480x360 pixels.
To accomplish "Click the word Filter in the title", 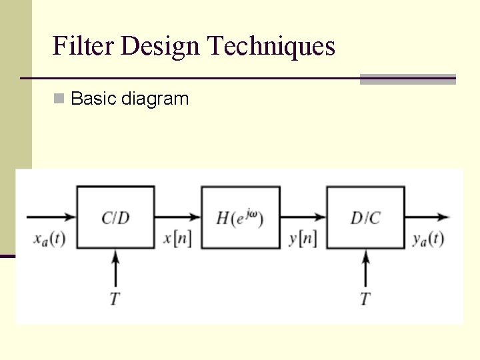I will [85, 47].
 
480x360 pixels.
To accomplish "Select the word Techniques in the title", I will [271, 47].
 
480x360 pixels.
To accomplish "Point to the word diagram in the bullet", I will [155, 99].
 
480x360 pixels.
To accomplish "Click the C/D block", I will [116, 217].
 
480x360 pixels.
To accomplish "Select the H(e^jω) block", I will [241, 217].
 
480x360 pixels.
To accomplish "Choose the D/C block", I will [365, 217].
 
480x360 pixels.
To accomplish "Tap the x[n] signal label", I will [177, 239].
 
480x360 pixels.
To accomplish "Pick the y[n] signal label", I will [303, 239].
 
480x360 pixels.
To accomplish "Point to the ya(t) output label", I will [427, 239].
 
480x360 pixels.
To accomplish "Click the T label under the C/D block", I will [115, 298].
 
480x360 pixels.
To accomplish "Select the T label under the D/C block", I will [365, 298].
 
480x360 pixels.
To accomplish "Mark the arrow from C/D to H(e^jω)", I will [177, 217].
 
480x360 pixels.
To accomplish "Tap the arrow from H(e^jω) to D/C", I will [303, 217].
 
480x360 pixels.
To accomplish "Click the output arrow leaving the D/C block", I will [427, 217].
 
